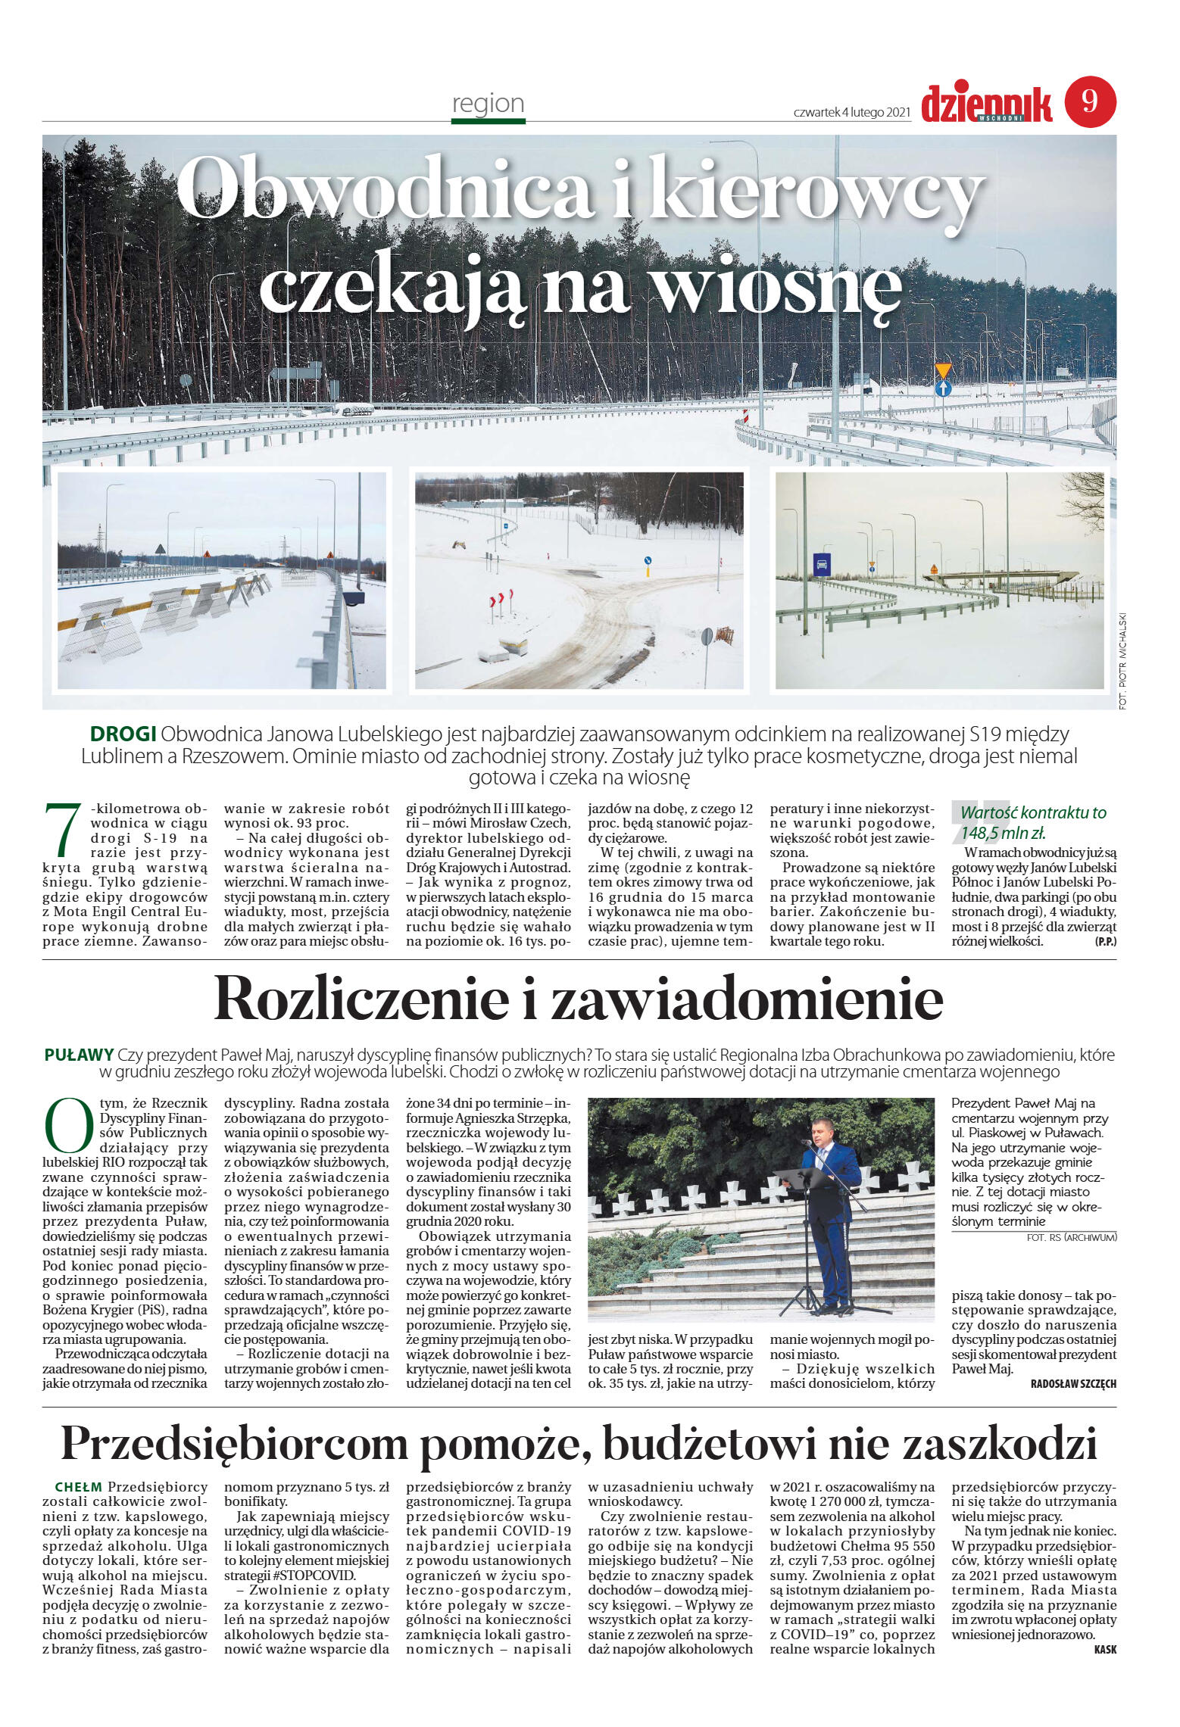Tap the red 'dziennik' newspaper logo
986,104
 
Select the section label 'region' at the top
488,103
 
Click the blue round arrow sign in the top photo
942,388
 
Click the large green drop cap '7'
63,831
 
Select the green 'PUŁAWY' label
79,1055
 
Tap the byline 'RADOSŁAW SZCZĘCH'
1072,1383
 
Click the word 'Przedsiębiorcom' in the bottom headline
234,1444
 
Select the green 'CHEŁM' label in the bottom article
78,1487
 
